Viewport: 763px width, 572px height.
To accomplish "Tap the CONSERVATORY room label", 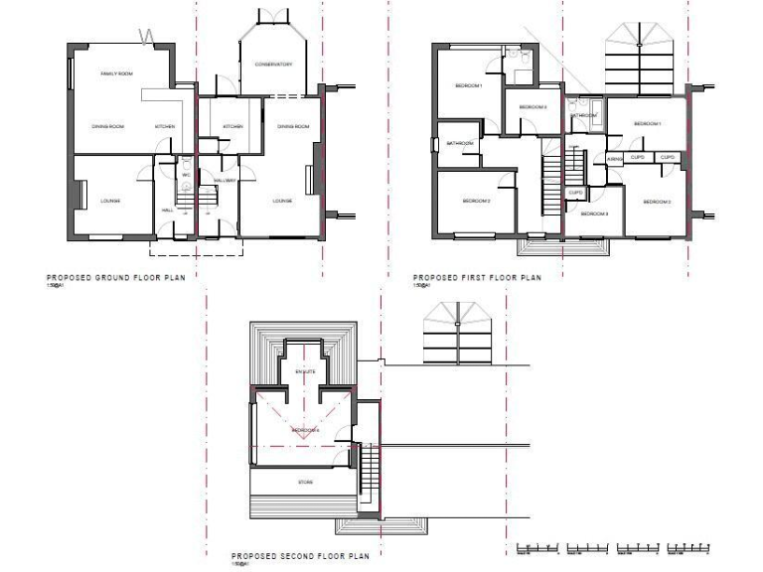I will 272,65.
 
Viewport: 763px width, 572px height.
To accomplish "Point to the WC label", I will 186,176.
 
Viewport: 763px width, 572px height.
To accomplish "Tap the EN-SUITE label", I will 304,370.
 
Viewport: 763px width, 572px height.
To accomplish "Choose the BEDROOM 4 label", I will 304,430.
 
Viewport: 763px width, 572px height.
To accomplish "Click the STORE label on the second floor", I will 305,483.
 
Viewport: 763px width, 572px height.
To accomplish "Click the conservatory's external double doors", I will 272,14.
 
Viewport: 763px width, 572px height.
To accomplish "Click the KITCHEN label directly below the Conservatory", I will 232,127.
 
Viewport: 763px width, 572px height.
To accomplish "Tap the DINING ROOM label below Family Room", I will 107,127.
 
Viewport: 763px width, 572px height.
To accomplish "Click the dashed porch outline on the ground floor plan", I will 196,247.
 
